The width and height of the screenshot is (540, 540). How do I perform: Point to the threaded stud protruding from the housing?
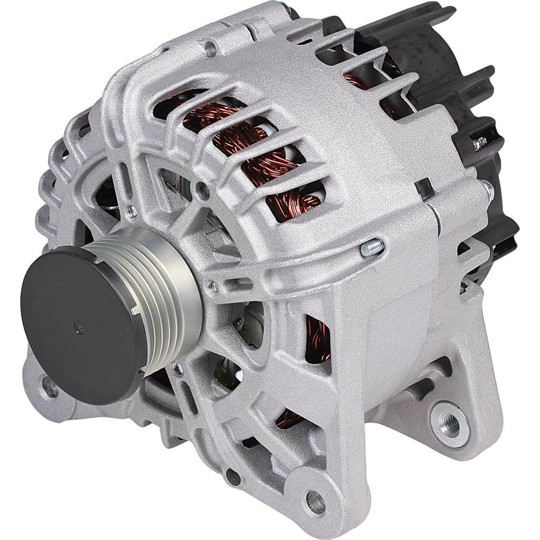pyautogui.click(x=372, y=247)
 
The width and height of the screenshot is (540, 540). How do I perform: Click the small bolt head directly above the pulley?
pyautogui.click(x=131, y=210)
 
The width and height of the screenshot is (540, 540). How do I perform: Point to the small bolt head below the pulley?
pyautogui.click(x=178, y=369)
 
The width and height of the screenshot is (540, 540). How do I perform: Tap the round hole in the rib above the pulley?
pyautogui.click(x=202, y=188)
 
